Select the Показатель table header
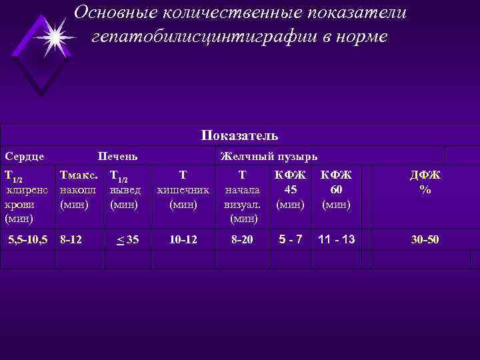(240, 135)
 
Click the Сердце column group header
(25, 157)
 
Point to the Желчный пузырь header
(269, 157)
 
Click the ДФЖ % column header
(425, 182)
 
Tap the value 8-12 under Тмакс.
(71, 238)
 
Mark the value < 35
(128, 238)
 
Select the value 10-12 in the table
(183, 238)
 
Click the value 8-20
(242, 238)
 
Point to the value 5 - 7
(290, 238)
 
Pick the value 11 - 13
(336, 238)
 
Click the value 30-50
(425, 238)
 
